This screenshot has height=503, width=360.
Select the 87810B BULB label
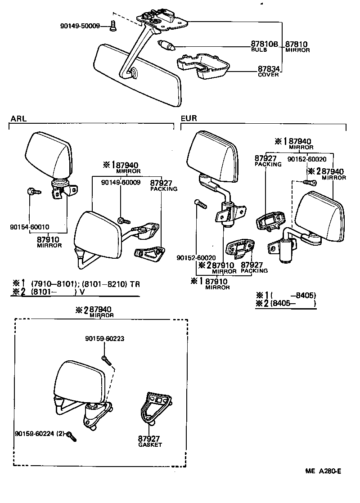(x=265, y=47)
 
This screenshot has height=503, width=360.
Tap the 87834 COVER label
(x=269, y=72)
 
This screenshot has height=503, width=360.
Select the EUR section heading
(x=189, y=119)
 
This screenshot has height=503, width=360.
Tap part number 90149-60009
(x=121, y=182)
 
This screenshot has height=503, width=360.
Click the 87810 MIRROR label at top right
(x=297, y=47)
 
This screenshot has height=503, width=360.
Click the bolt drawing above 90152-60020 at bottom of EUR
(x=201, y=204)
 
